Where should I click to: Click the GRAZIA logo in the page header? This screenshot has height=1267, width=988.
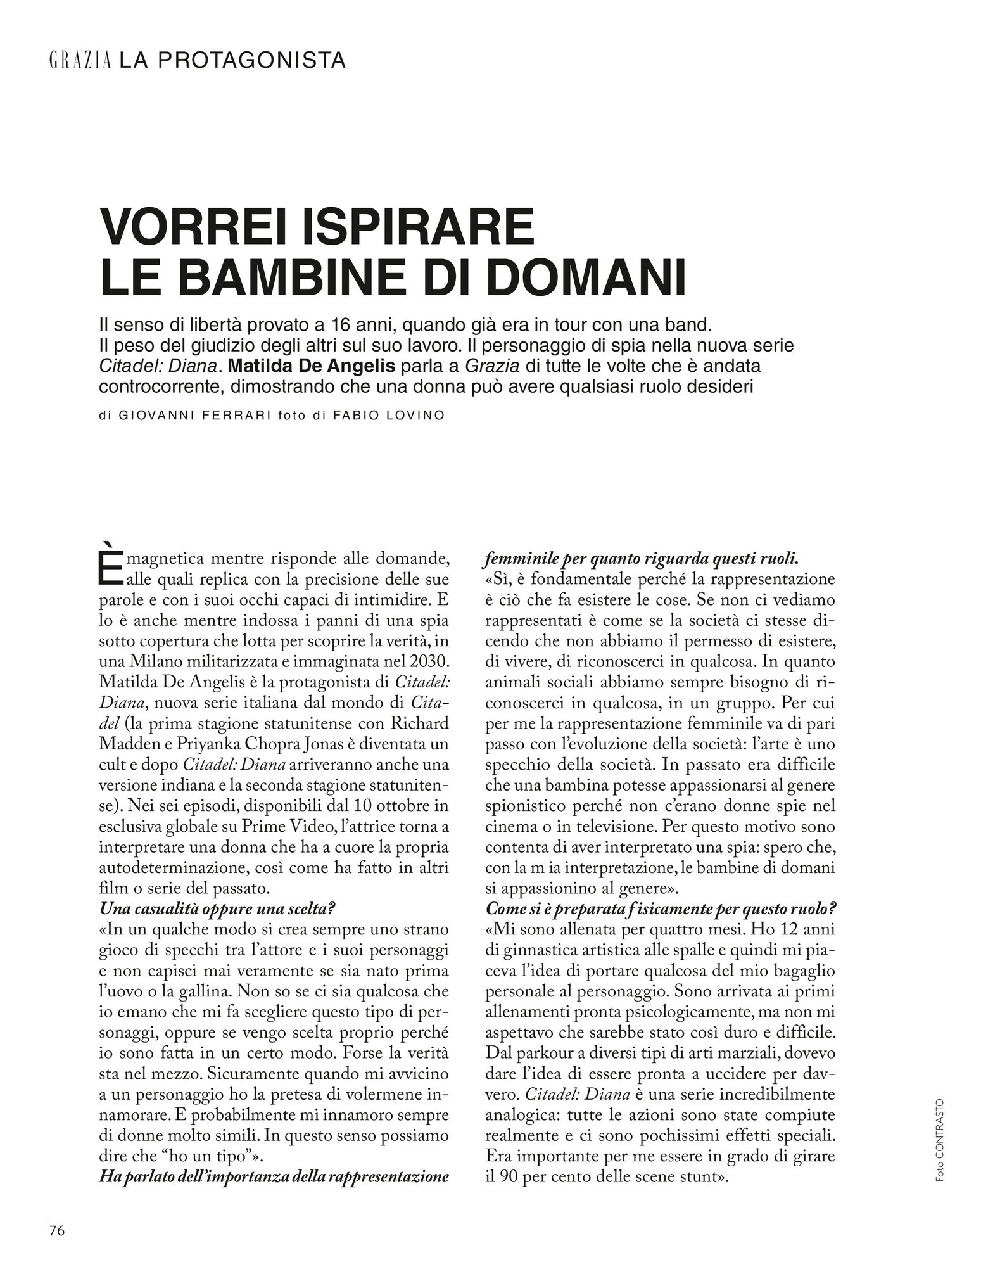(80, 61)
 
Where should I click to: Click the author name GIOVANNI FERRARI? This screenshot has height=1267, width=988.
(191, 416)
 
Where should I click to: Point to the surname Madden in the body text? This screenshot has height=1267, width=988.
(130, 744)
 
